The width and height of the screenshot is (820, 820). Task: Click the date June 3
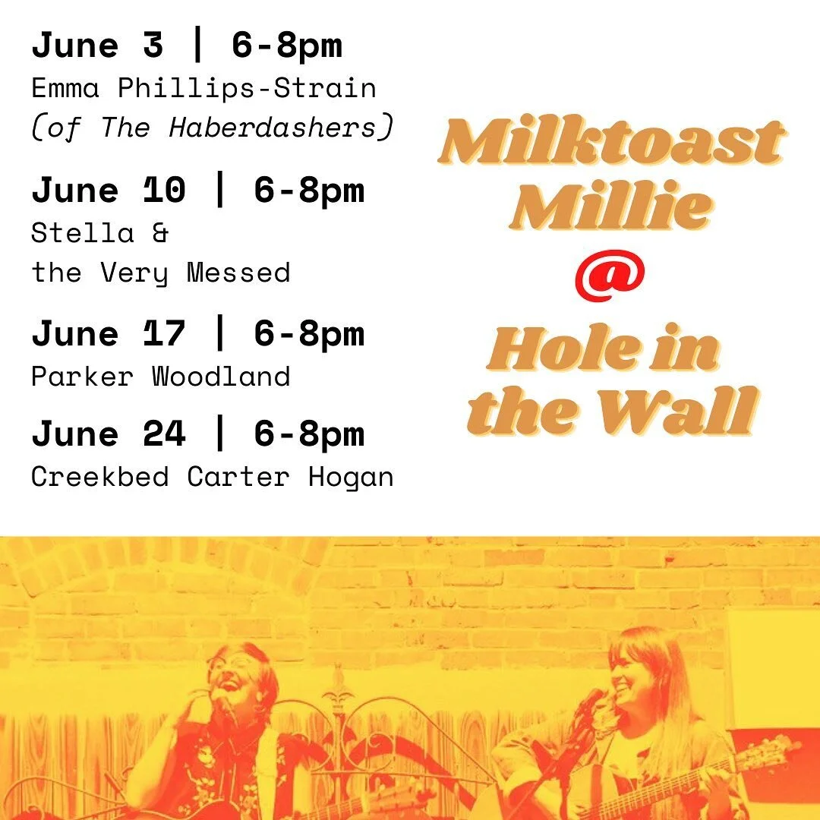97,46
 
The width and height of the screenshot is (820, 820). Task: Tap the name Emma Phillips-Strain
204,88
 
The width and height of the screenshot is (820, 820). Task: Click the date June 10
109,191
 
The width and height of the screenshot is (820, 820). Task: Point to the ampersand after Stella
160,233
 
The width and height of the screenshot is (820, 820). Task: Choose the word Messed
238,273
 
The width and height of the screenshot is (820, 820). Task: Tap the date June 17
109,334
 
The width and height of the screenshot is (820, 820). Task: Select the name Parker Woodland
160,377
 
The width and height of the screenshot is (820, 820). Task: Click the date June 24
109,434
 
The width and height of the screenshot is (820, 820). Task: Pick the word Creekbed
100,476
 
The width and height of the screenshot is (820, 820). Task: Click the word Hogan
350,478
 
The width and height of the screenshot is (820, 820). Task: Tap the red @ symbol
610,276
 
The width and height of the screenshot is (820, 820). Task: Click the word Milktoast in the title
610,140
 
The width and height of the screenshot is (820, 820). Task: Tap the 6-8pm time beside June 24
309,434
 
